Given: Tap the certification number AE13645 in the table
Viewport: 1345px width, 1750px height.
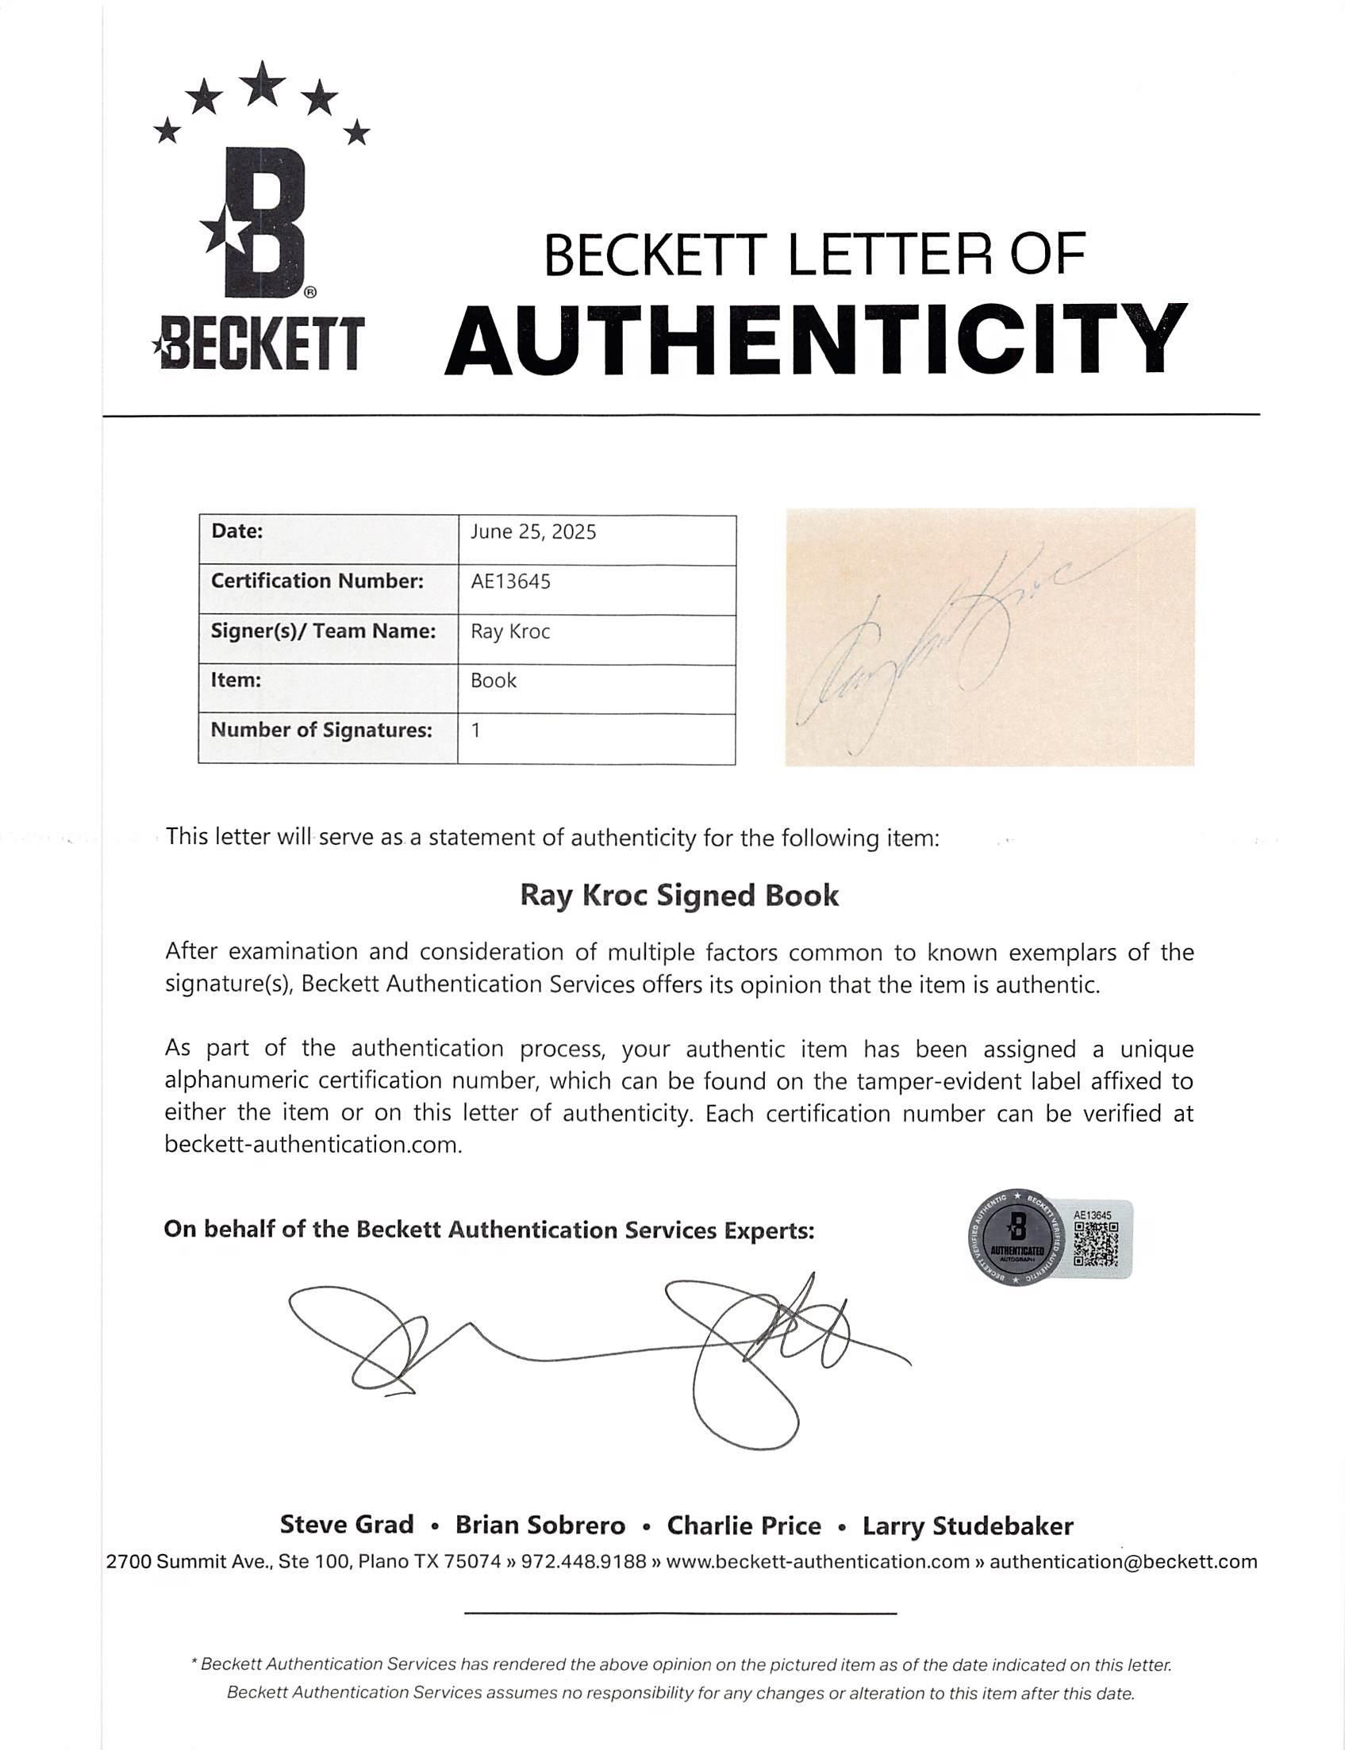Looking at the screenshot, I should click(510, 581).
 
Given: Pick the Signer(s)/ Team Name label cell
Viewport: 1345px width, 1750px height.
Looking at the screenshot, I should click(324, 631).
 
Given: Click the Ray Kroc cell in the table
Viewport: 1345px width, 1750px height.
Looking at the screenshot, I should click(510, 631).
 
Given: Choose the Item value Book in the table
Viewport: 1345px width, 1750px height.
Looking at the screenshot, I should click(494, 680).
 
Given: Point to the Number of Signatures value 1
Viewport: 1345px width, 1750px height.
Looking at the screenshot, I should click(475, 730).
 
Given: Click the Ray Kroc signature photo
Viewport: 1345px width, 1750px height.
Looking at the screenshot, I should click(990, 637).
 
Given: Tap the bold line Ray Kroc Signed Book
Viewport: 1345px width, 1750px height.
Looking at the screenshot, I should click(679, 895).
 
